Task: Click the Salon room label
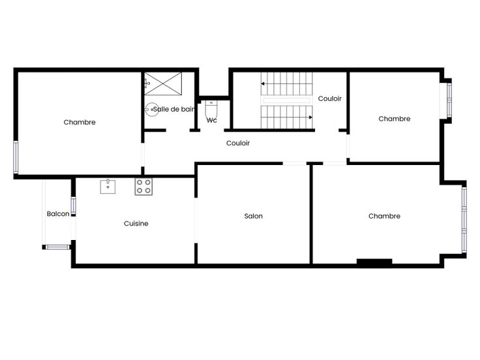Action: [254, 216]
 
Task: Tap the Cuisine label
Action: [136, 224]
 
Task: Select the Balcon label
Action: [58, 214]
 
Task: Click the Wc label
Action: [211, 120]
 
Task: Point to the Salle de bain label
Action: [174, 109]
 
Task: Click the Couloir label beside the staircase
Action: [330, 98]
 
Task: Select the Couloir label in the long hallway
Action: [238, 143]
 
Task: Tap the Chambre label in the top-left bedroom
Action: [80, 122]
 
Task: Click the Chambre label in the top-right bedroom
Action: [395, 119]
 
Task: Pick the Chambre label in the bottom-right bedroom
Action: [384, 216]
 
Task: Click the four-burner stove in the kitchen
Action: [143, 187]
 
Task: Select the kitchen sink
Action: [108, 187]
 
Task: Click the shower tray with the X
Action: [163, 83]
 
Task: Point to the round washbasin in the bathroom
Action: [151, 110]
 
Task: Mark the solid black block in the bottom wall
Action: [374, 262]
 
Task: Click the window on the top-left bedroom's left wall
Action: [16, 157]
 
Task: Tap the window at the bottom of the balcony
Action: [57, 247]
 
